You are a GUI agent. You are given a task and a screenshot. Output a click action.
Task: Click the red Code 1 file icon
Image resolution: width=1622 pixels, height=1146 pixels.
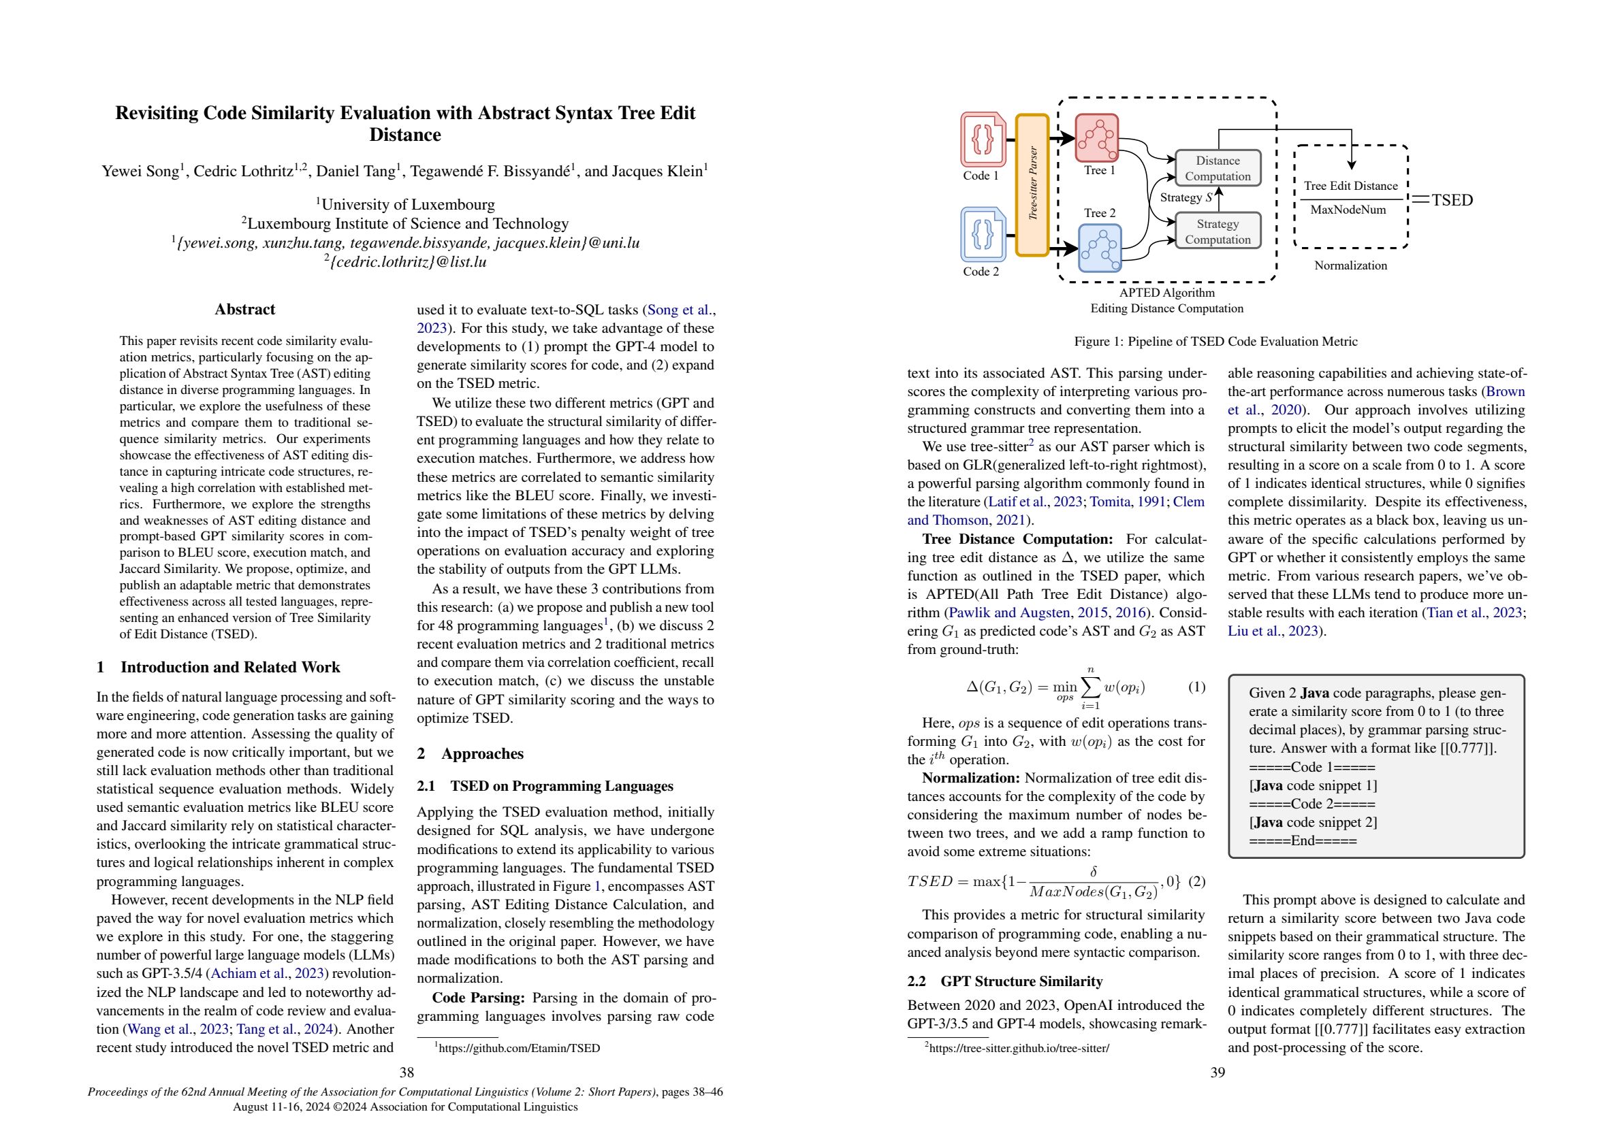click(x=983, y=140)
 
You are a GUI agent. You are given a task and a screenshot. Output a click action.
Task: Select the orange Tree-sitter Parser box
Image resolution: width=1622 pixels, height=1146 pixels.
click(x=1032, y=184)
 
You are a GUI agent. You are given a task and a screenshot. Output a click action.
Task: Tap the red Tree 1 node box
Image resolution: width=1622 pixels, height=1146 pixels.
click(x=1096, y=137)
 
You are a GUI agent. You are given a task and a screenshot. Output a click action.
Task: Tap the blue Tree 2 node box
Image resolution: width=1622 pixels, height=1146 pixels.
click(x=1100, y=248)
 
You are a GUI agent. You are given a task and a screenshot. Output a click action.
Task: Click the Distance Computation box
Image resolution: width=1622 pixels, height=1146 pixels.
click(x=1218, y=168)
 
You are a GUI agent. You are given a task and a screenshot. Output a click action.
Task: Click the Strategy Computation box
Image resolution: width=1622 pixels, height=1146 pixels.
click(x=1218, y=231)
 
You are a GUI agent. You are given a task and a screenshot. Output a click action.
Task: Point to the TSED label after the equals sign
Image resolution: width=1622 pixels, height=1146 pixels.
click(x=1452, y=200)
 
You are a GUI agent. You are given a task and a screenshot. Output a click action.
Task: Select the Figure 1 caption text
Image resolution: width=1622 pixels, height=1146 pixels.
click(x=1215, y=342)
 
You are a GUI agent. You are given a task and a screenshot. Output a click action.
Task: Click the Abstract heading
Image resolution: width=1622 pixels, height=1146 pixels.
click(x=244, y=309)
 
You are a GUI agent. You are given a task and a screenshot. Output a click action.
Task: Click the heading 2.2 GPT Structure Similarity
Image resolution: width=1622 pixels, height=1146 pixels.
click(x=1004, y=981)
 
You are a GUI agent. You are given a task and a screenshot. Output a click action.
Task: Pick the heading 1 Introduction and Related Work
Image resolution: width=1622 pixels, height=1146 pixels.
click(x=219, y=668)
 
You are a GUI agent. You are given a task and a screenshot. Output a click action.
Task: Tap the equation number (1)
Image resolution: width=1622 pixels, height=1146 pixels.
click(x=1196, y=687)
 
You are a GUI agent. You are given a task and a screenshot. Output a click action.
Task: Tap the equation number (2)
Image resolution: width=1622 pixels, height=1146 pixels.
click(x=1196, y=882)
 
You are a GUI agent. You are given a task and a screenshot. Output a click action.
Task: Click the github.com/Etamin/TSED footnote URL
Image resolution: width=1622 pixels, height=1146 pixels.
click(x=518, y=1049)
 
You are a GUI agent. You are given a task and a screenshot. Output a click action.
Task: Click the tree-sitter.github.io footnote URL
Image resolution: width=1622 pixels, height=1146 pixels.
click(x=1019, y=1049)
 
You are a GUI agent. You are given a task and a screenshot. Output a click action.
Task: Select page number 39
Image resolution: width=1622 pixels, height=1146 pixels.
click(x=1218, y=1073)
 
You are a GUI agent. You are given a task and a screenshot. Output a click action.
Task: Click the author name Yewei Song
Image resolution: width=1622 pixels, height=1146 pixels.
click(x=141, y=171)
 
